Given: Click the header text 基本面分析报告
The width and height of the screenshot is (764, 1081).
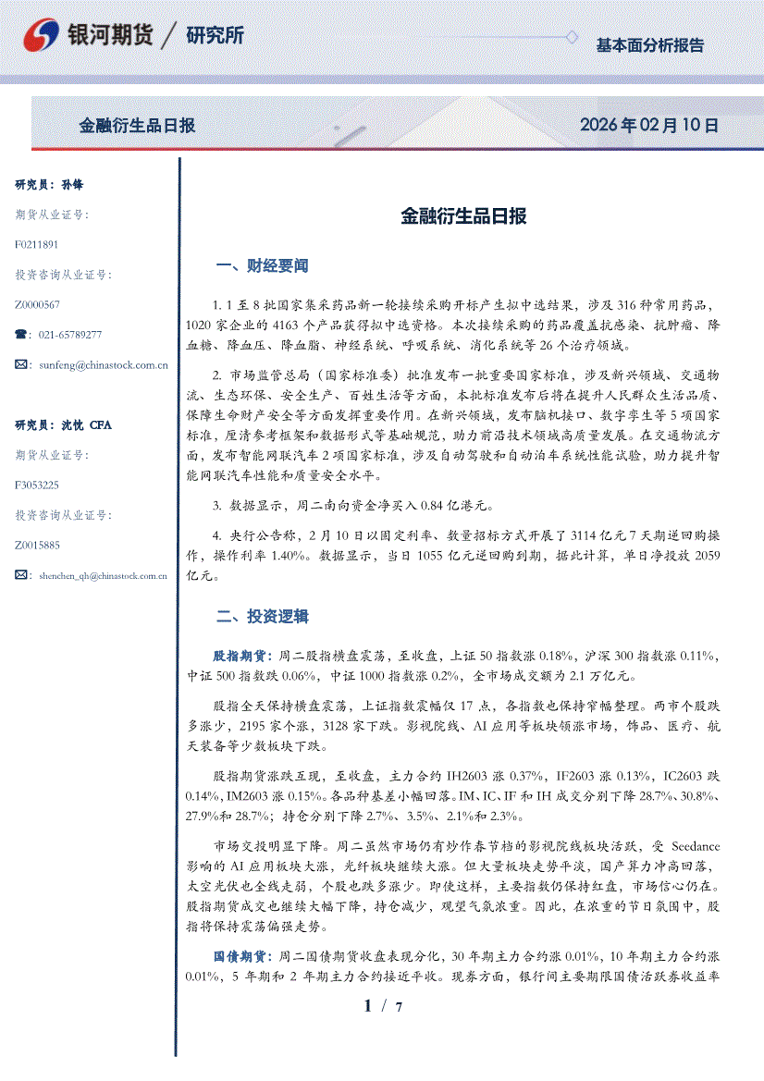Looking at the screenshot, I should coord(649,44).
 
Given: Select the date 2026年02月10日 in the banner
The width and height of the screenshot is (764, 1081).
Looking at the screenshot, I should coord(648,125).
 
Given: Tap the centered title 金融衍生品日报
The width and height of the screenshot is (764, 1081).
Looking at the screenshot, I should coord(463,216).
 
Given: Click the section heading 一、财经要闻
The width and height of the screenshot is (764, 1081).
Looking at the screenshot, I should coord(262,265).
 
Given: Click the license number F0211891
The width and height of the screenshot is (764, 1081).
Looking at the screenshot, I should coord(37,245).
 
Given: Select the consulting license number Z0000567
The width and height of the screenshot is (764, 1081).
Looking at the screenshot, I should coord(38,305).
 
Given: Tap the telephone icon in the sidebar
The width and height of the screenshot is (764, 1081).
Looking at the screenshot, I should coord(21,335).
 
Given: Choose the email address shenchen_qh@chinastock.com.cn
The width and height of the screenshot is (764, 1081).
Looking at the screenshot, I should coord(103,575).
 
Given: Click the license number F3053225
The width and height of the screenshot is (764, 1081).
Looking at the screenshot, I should coord(37,485).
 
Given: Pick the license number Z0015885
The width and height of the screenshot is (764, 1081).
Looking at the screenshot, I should coord(38,546).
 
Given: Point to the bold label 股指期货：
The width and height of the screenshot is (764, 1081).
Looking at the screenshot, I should coord(243,656).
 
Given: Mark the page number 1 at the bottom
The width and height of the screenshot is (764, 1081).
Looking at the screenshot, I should coord(368,1006).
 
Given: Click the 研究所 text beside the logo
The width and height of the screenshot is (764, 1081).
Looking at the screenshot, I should coord(215,36).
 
